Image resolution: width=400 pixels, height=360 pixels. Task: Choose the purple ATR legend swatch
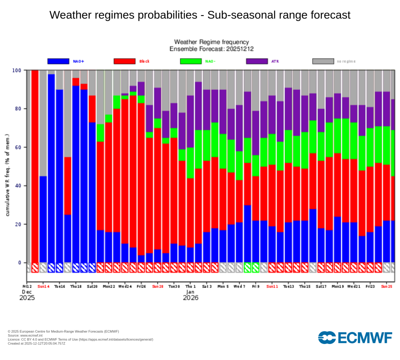(x=257, y=61)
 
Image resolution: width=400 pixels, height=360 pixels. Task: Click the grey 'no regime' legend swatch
(x=323, y=61)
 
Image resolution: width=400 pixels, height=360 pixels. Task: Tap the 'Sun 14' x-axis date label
(x=43, y=286)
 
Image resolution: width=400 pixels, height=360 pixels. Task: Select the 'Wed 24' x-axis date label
(x=125, y=286)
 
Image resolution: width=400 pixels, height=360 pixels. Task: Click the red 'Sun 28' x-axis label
(x=158, y=286)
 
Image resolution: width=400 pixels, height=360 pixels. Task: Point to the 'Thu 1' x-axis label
(x=191, y=286)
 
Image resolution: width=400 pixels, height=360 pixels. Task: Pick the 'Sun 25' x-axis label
(x=387, y=286)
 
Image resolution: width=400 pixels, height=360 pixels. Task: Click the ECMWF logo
(x=355, y=338)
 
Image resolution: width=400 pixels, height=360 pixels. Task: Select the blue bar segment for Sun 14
(x=43, y=219)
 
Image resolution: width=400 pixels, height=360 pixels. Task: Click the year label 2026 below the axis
(x=191, y=298)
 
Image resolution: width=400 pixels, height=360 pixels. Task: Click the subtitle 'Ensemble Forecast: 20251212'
(x=211, y=49)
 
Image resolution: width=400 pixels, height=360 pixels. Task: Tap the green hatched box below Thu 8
(x=247, y=267)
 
